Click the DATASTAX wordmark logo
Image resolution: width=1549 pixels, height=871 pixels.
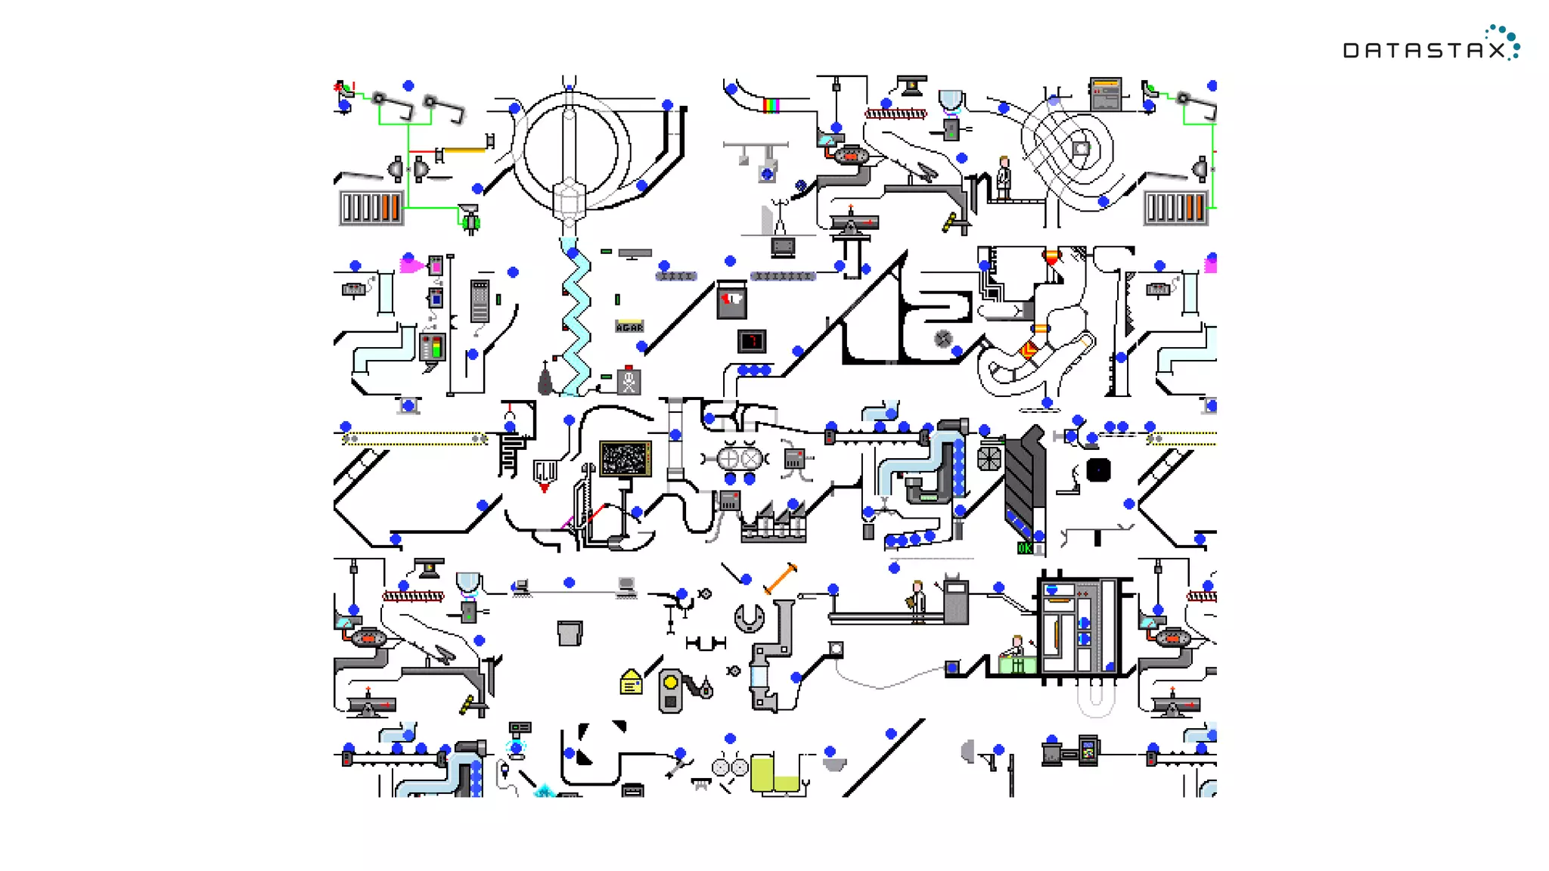coord(1429,47)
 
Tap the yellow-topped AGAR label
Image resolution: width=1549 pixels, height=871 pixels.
coord(629,326)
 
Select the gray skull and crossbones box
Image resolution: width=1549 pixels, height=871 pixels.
coord(629,382)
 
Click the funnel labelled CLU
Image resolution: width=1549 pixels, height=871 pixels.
coord(545,472)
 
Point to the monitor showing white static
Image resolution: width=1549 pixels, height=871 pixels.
coord(625,458)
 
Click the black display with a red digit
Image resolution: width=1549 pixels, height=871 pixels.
coord(752,341)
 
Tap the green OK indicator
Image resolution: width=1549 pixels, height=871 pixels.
coord(1024,548)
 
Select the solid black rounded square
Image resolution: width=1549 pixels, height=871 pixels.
coord(1098,470)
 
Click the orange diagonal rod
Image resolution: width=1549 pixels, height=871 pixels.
coord(781,578)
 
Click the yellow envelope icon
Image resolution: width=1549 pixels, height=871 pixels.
coord(631,683)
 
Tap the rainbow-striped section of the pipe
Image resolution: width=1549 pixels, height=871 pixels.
coord(771,105)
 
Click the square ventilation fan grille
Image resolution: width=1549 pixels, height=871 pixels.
coord(989,458)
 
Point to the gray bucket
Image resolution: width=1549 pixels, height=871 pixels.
coord(570,633)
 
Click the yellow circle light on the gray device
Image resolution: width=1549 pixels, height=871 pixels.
coord(670,683)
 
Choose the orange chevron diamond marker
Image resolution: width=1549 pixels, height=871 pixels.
coord(1029,350)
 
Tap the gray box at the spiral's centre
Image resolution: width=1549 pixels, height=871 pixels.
coord(1081,148)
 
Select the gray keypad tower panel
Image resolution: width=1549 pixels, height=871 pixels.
coord(480,301)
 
